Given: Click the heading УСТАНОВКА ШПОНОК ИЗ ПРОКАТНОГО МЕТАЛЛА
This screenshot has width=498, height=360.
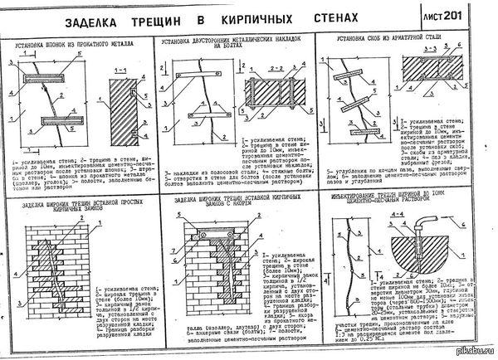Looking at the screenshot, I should coord(76,40).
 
